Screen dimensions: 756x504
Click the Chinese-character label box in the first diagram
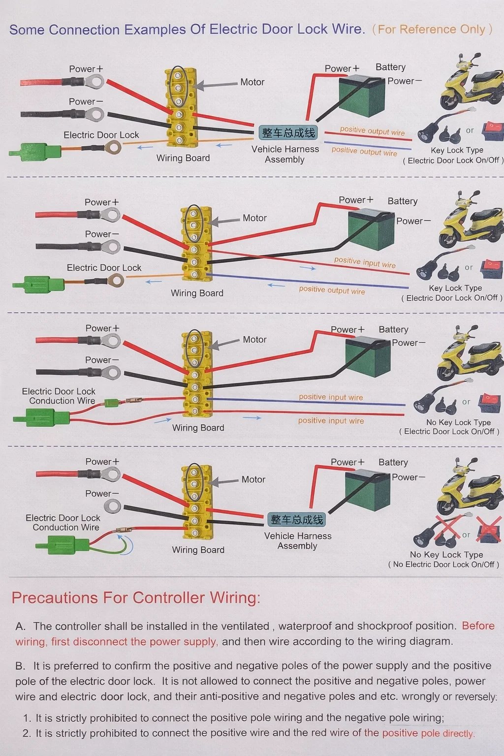288,133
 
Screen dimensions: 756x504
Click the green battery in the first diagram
362,95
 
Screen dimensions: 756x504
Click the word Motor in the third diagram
254,340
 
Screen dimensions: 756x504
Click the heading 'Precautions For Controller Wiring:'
136,598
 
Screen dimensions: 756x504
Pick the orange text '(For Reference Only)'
432,30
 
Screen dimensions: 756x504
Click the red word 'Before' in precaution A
478,626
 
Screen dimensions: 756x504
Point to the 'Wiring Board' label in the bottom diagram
198,550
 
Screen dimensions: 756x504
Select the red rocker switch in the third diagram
490,401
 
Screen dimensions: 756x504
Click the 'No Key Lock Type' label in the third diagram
458,422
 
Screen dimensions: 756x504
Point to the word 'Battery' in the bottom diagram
393,463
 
